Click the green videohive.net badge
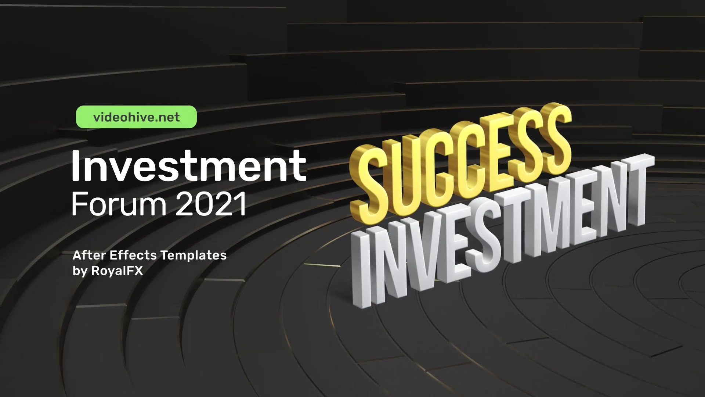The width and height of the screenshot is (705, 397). [x=136, y=117]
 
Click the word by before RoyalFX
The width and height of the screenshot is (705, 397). [x=80, y=271]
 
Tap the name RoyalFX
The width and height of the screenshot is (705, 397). [x=117, y=271]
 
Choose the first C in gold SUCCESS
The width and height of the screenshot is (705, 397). [x=435, y=165]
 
